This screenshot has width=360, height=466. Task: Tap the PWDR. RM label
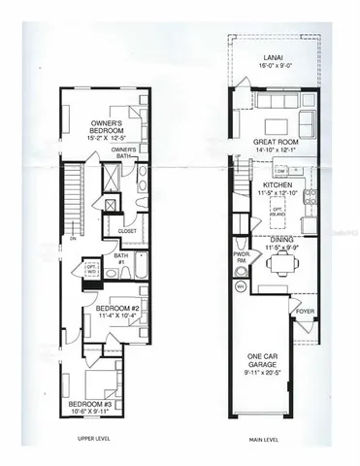(x=241, y=260)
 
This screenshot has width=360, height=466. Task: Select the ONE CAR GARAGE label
(x=265, y=360)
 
